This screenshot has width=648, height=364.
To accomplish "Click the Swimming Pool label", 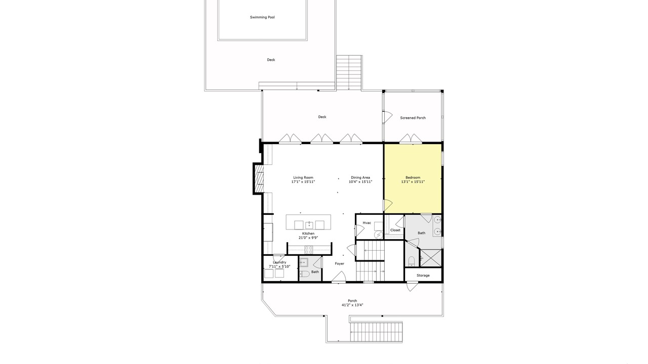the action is click(262, 17).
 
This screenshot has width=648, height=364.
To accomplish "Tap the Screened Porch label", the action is click(413, 118).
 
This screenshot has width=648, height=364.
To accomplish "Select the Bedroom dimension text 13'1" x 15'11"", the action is click(413, 182).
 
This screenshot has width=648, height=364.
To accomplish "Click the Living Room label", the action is click(303, 177).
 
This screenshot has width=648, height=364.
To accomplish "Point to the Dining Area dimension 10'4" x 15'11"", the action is click(360, 182).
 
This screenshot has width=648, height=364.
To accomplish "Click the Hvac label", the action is click(367, 223).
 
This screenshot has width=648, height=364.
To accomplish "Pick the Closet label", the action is click(395, 230).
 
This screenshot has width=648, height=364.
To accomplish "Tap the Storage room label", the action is click(423, 276).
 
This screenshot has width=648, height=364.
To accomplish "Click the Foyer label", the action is click(340, 264).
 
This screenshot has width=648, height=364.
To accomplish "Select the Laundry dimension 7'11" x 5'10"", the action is click(279, 266).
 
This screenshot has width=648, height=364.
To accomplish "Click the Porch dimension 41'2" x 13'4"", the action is click(352, 305).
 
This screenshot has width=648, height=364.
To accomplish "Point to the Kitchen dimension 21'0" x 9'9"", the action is click(308, 238).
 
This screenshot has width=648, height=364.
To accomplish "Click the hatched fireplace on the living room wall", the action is click(259, 178).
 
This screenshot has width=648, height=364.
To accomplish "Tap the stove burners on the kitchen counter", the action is click(309, 250).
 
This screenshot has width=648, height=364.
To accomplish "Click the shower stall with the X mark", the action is click(431, 258).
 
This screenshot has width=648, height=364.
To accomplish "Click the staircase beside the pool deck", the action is click(349, 72).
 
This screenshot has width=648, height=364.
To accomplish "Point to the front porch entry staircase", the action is click(376, 332).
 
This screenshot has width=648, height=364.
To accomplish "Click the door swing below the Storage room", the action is click(412, 286).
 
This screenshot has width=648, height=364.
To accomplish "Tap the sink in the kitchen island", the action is click(309, 225).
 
